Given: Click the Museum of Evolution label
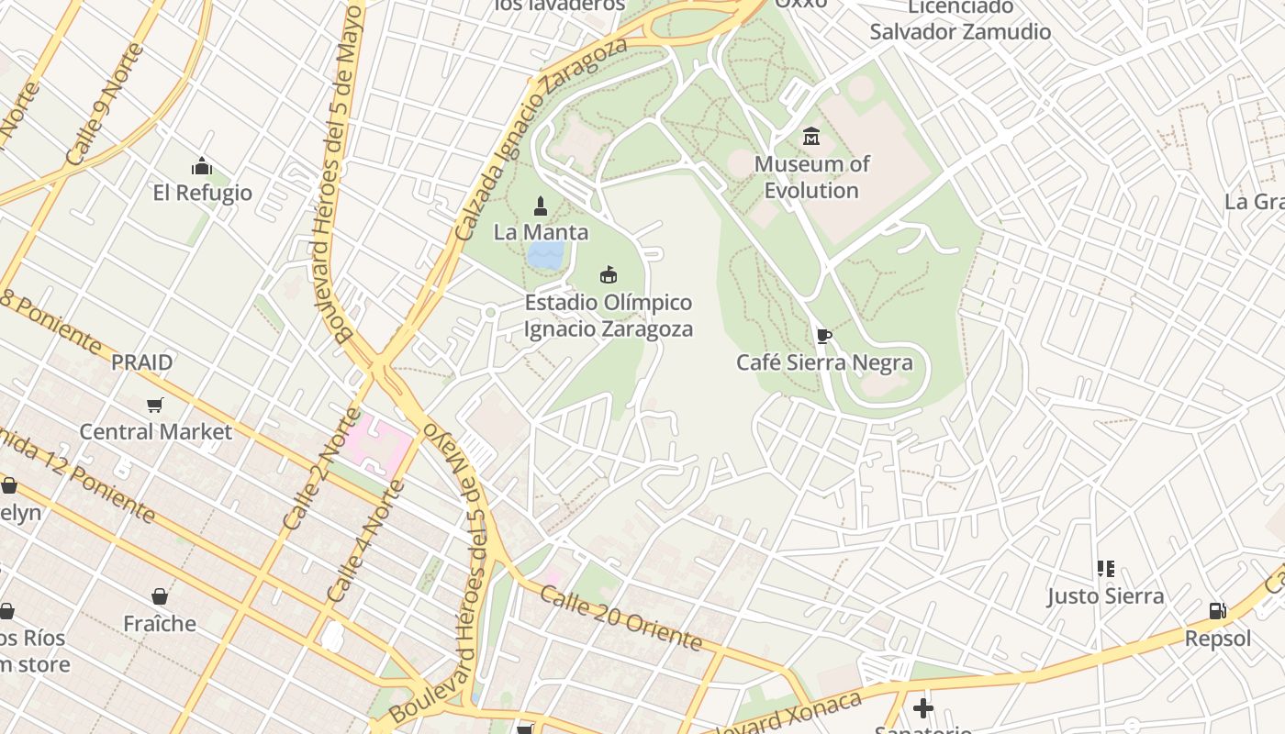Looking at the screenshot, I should tap(811, 177).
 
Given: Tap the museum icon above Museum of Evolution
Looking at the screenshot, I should tap(811, 137).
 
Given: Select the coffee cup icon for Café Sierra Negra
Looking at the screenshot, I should tap(824, 336).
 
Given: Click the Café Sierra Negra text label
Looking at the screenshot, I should tap(824, 362).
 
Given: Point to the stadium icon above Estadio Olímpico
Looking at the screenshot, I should tap(608, 274).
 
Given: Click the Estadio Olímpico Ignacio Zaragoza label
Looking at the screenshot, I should tap(609, 316).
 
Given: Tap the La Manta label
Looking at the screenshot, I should tap(541, 232).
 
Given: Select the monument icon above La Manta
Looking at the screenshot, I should tap(541, 205).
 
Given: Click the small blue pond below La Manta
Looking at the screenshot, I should tap(546, 256).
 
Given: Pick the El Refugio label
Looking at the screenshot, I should tap(202, 193).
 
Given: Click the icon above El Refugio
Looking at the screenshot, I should tap(202, 166).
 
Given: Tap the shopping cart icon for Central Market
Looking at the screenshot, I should tap(155, 405).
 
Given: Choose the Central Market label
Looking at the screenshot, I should tap(156, 431).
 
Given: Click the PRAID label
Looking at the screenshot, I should tap(142, 362).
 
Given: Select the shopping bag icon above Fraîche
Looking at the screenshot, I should tap(160, 596).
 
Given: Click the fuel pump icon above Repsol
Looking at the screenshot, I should tap(1217, 611).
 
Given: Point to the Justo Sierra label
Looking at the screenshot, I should tap(1105, 596).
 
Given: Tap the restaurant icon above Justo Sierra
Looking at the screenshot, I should tap(1105, 569).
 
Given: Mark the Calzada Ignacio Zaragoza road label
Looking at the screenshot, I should tap(541, 139).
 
